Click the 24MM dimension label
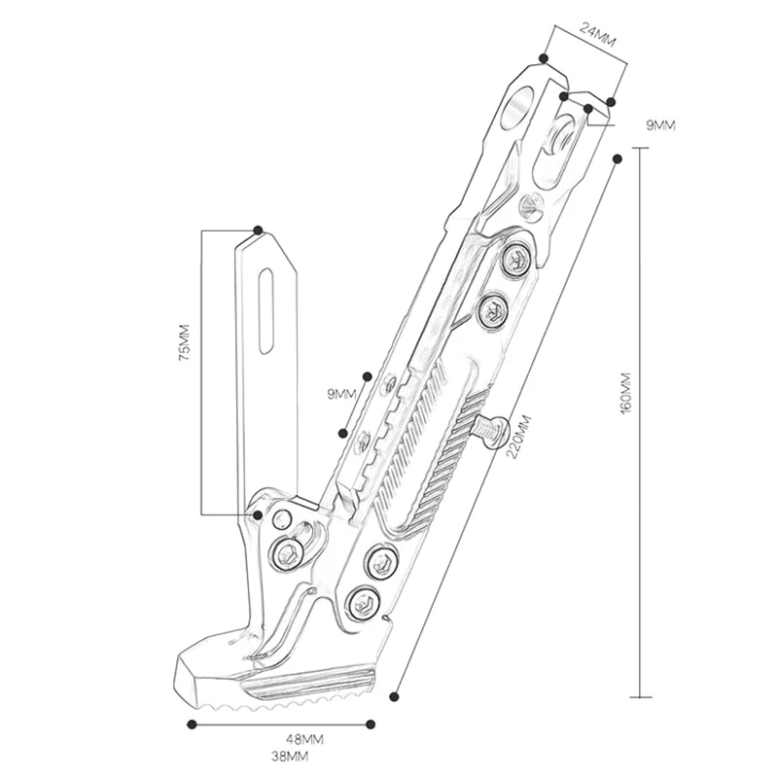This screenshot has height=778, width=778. (x=597, y=30)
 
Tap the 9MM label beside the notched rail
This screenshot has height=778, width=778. (x=343, y=393)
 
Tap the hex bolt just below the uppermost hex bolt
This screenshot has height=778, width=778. (x=493, y=310)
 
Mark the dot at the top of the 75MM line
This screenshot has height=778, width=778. (x=258, y=230)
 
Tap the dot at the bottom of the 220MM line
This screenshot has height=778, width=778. (x=394, y=694)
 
